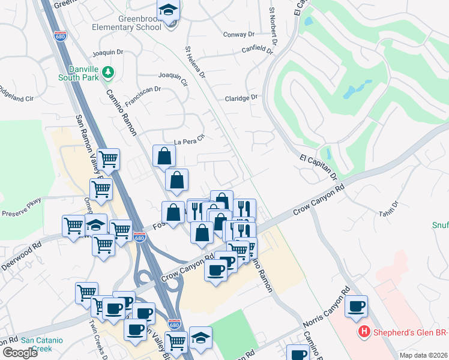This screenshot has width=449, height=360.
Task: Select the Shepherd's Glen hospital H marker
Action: pyautogui.click(x=363, y=331)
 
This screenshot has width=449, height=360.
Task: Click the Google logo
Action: pyautogui.click(x=20, y=353)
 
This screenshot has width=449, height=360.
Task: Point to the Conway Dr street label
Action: pyautogui.click(x=239, y=34)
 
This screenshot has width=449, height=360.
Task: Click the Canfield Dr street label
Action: pyautogui.click(x=257, y=50)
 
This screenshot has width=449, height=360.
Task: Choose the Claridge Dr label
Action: pyautogui.click(x=241, y=97)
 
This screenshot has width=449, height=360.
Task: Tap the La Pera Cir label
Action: pyautogui.click(x=190, y=142)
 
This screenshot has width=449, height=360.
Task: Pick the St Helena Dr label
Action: pyautogui.click(x=196, y=62)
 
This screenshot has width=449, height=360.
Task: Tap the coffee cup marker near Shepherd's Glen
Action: pyautogui.click(x=357, y=306)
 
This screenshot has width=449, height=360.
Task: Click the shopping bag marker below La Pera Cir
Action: pyautogui.click(x=164, y=157)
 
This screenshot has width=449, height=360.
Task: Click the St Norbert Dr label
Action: pyautogui.click(x=274, y=27)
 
